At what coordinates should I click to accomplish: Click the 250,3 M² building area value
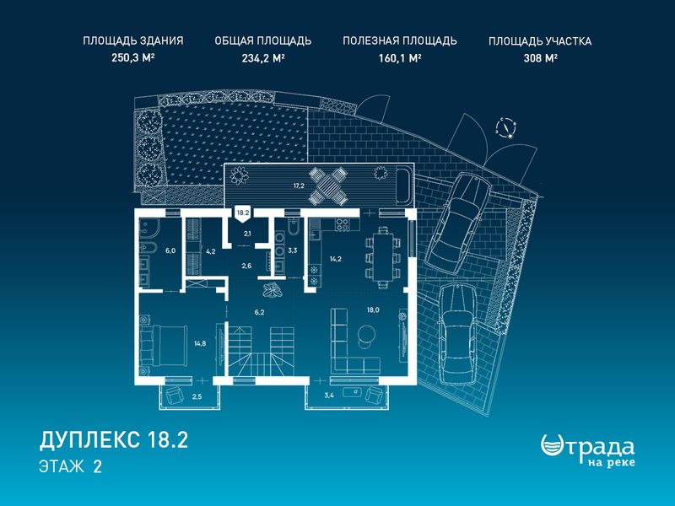coord(133,57)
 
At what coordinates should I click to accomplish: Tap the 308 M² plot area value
coord(540,57)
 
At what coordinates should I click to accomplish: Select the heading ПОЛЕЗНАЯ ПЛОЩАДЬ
coord(399,40)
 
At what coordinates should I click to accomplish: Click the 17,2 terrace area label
coord(299,186)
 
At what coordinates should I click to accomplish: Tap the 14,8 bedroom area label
coord(200,343)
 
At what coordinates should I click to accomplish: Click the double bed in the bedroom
coord(164,343)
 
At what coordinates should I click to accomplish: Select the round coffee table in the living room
coord(366,334)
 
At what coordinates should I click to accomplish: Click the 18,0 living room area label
coord(373,310)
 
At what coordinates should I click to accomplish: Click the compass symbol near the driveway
coord(505,127)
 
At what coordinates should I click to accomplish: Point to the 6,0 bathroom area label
coord(171,250)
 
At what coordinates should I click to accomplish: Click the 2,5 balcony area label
coord(197,396)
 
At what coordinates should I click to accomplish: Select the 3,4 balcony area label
coord(329,396)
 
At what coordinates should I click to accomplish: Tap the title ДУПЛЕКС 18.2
coord(114,440)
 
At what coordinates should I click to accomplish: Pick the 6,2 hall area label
coord(259,312)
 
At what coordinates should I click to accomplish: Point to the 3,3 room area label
coord(292,250)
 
